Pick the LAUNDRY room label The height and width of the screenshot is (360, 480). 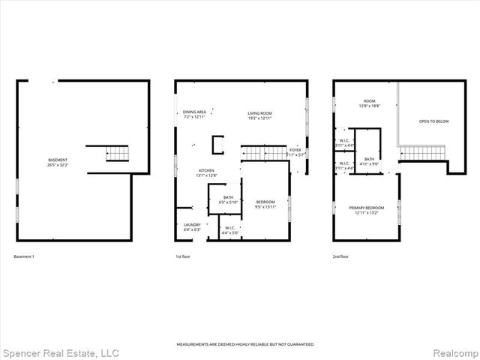click(192, 226)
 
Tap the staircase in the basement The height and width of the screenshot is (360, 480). click(118, 154)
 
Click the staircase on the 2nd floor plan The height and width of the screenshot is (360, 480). click(423, 153)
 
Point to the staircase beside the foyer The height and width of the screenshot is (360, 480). click(264, 153)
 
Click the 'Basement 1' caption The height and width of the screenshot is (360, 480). click(24, 257)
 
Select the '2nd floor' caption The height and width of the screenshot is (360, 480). click(341, 257)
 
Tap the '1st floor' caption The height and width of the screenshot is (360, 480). click(183, 257)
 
